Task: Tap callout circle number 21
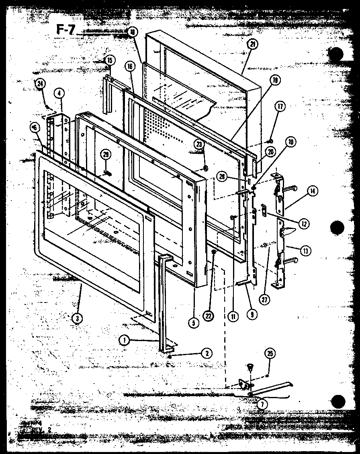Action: (253, 45)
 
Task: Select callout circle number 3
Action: (76, 318)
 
